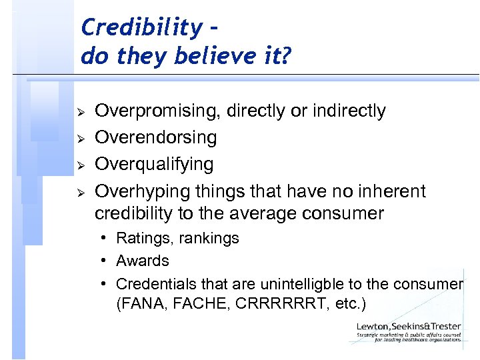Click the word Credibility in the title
[x=140, y=27]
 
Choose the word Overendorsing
[x=156, y=137]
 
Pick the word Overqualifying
[x=154, y=164]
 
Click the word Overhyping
[x=143, y=191]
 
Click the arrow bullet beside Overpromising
[x=79, y=111]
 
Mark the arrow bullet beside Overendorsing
[x=79, y=138]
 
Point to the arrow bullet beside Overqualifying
[x=79, y=165]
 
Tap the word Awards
[x=143, y=261]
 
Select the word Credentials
[x=154, y=283]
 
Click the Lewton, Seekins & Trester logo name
[x=409, y=326]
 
